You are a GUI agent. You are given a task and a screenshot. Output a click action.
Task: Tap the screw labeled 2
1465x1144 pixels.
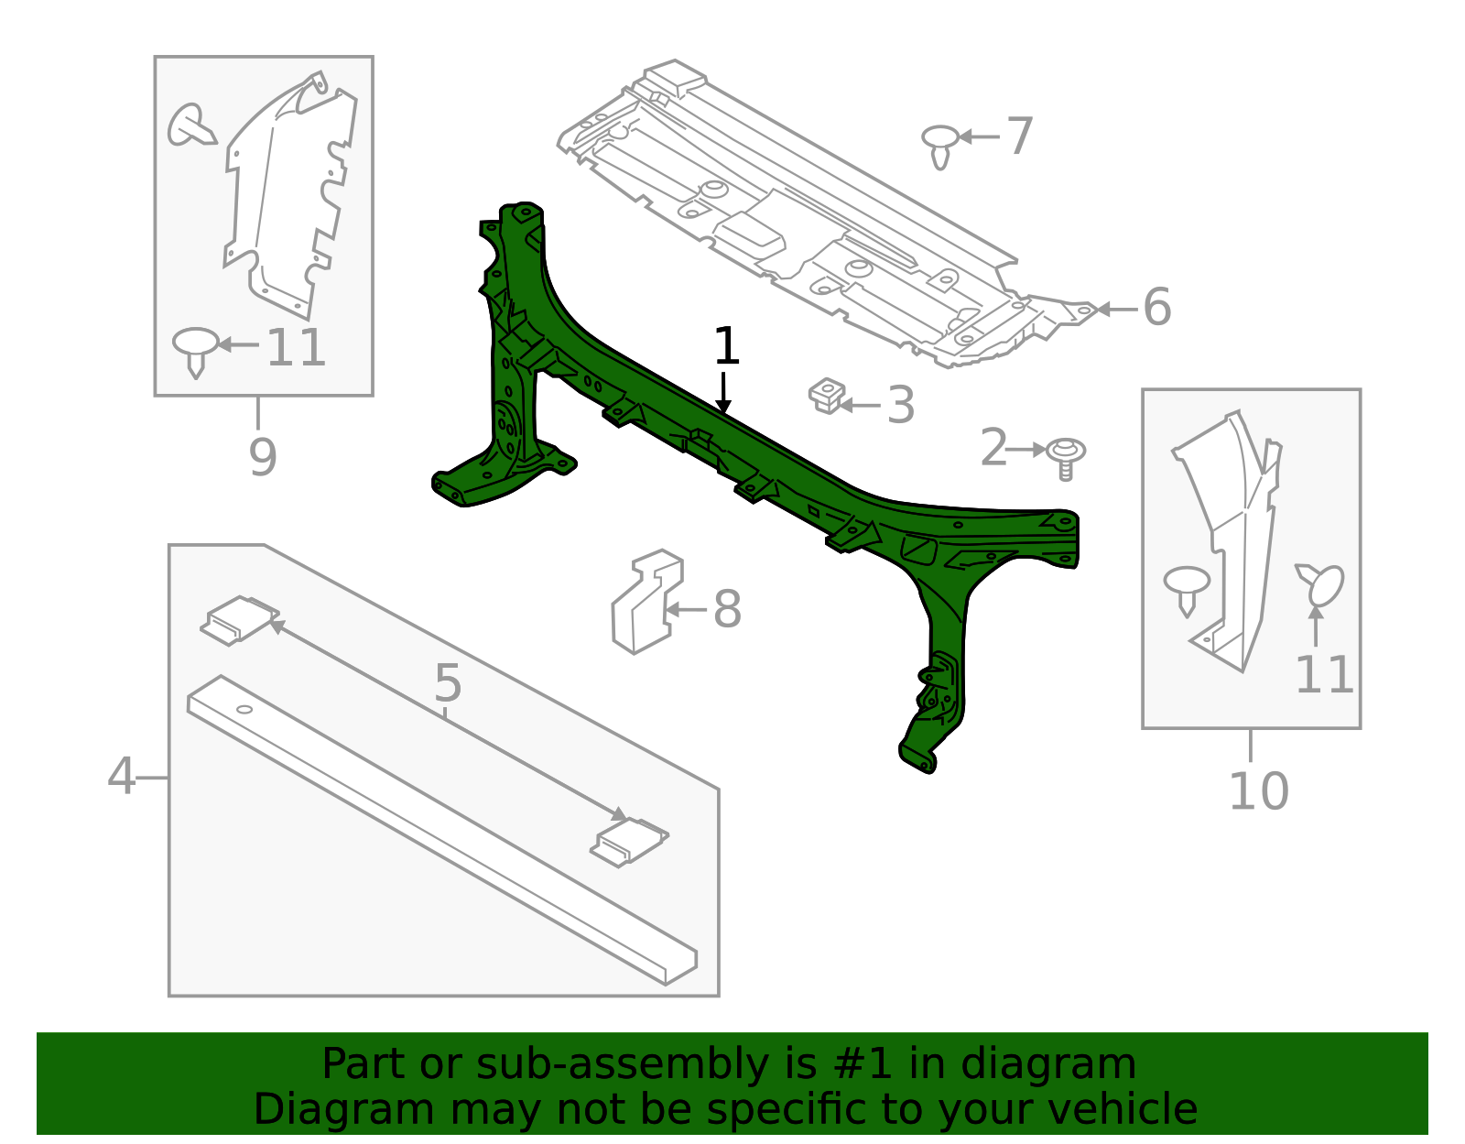(x=1065, y=457)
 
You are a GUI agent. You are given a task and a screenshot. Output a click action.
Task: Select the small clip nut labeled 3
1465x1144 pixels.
(x=826, y=396)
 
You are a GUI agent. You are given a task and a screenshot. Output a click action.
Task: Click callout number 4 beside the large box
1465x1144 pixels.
(x=121, y=777)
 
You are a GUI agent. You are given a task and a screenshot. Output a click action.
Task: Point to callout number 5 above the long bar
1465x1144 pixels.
(x=448, y=683)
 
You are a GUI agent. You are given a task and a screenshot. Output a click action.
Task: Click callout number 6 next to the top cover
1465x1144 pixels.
(x=1156, y=307)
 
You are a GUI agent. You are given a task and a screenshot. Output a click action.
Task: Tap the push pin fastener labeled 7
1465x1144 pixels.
(x=940, y=146)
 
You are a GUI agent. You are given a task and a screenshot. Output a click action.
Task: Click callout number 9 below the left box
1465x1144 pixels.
(x=262, y=457)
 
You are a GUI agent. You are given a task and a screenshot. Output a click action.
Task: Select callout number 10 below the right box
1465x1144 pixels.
(x=1258, y=792)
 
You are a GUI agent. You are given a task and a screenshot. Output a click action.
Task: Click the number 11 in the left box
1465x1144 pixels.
(x=296, y=348)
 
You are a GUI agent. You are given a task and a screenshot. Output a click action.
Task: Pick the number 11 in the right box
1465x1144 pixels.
(x=1324, y=676)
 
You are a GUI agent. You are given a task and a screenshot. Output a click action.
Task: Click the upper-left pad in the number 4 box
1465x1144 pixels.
(x=239, y=620)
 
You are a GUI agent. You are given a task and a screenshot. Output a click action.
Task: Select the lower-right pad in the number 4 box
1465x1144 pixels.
(x=629, y=841)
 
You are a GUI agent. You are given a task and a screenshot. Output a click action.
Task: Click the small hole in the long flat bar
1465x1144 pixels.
(x=244, y=709)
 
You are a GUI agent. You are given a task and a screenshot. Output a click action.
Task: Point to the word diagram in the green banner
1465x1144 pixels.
(x=1069, y=1064)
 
